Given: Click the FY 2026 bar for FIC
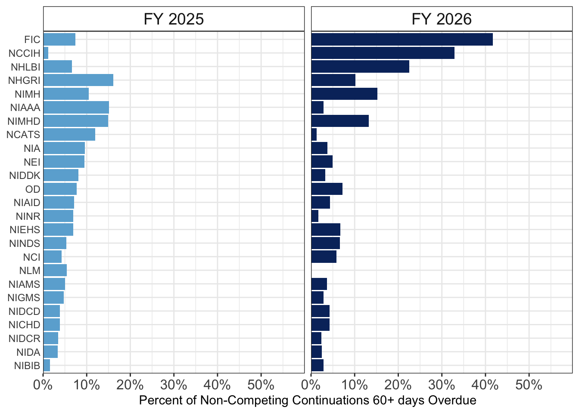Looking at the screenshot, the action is click(x=402, y=40).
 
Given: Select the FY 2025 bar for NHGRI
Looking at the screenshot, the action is click(x=78, y=80).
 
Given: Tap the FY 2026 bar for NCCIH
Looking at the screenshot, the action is click(x=383, y=53).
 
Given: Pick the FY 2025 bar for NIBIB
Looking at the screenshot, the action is click(x=47, y=365).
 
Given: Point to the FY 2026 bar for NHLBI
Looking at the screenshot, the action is click(x=360, y=67).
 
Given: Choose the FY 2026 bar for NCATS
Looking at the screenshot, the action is click(x=314, y=135).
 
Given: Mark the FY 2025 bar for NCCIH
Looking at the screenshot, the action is click(x=46, y=53).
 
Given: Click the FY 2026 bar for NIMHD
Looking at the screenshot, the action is click(x=340, y=121).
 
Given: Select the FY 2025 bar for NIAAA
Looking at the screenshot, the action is click(x=76, y=108).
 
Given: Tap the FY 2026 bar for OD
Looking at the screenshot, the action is click(x=327, y=189).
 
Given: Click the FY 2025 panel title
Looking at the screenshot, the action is click(x=174, y=19).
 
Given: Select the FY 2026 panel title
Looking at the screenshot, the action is click(x=442, y=19).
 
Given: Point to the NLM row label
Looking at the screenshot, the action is click(x=30, y=271).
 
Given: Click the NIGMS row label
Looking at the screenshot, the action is click(x=24, y=298).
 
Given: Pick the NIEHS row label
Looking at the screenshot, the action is click(x=25, y=229).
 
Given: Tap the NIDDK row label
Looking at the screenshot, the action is click(x=25, y=176).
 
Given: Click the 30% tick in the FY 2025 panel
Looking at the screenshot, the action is click(x=174, y=385).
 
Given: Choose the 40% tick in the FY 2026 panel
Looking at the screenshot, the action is click(x=485, y=385).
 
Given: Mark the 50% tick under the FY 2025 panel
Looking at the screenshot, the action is click(x=261, y=385).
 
